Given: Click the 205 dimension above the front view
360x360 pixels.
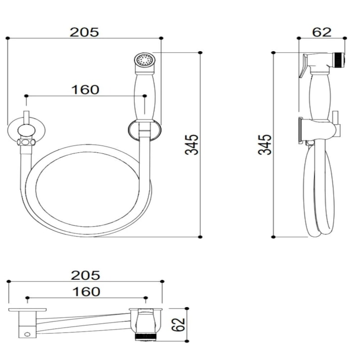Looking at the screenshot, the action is point(84,32).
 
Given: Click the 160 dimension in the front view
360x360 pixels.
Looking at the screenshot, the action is point(85,90).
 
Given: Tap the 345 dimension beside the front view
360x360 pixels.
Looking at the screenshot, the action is point(192,144).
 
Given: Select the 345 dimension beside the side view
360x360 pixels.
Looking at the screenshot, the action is point(265,144).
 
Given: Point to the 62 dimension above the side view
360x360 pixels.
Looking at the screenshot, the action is point(322,32).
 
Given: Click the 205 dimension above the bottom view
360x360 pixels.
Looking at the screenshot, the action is point(85,275).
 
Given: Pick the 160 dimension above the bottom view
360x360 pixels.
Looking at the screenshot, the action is point(86,291).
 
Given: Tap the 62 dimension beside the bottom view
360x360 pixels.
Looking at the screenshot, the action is point(179,324).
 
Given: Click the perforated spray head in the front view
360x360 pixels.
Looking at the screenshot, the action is point(144,61).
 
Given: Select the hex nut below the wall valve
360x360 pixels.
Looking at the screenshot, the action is point(26,143).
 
